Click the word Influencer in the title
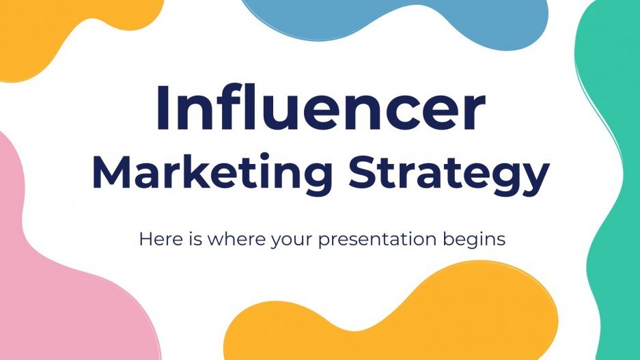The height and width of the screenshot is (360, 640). (320, 109)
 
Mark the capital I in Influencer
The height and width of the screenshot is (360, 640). (163, 109)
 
